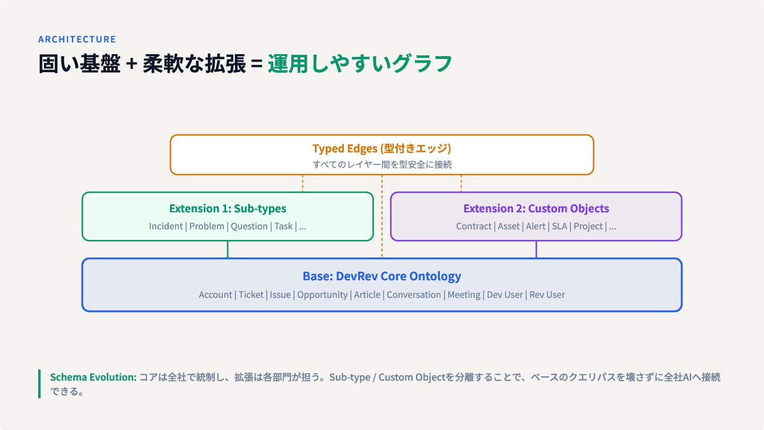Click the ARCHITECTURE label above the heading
click(77, 39)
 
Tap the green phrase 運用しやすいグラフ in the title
click(360, 64)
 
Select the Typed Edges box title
click(381, 149)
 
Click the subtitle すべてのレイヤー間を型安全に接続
click(382, 165)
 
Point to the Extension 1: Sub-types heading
click(228, 208)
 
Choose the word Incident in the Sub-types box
click(166, 226)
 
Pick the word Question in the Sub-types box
click(249, 226)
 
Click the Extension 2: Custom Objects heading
click(536, 208)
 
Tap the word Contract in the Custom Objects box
click(473, 226)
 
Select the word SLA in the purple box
click(559, 226)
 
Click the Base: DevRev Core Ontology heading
click(382, 276)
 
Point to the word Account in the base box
click(215, 295)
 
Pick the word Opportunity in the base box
click(323, 295)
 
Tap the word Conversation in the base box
click(414, 295)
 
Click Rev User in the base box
click(547, 295)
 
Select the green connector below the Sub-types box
click(228, 250)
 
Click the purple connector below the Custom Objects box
click(536, 250)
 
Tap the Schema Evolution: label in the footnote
click(93, 377)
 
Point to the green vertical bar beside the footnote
click(40, 384)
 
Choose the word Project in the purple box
click(588, 227)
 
